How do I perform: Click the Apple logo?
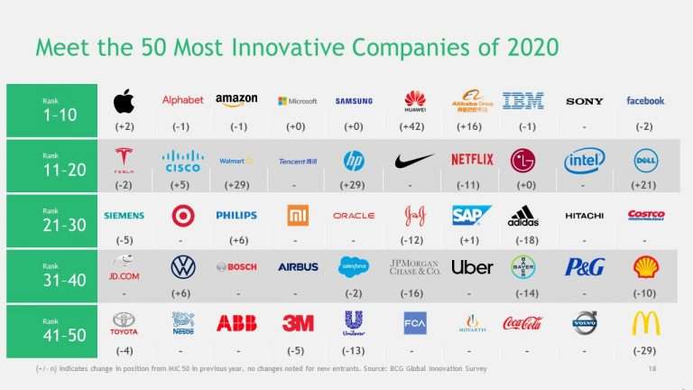point(124,101)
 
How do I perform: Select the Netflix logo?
point(472,160)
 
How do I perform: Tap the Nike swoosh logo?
point(414,161)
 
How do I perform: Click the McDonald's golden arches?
point(645,323)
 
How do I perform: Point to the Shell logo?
point(645,266)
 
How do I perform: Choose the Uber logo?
point(472,267)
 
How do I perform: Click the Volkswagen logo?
point(183,267)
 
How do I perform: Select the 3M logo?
point(298,323)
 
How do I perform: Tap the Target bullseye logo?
point(183,215)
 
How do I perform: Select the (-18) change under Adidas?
point(522,240)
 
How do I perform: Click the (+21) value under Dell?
point(645,184)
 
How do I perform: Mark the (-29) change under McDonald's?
point(645,350)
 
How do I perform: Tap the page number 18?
point(652,368)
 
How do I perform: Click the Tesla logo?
point(124,160)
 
